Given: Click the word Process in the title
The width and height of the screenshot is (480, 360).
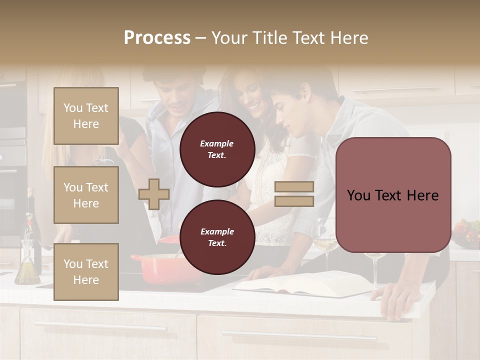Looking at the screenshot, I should pos(157,38).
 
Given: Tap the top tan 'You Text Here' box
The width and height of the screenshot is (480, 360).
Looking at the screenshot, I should pos(86,116).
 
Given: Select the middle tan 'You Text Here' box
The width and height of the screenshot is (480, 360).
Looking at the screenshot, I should pos(86,195).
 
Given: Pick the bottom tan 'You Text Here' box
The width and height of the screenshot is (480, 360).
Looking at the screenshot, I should pos(86,271).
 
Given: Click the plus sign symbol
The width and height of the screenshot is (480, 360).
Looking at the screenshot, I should pos(154,194).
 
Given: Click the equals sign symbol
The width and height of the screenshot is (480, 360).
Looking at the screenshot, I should pos(294,194).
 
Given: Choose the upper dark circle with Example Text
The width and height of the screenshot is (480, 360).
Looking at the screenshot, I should pos(217,149).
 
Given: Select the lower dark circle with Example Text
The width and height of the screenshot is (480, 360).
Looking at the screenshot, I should pos(217,237).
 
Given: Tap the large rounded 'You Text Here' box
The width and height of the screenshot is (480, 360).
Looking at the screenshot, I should pos(393,195).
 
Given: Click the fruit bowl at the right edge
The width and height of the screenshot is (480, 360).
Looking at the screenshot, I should pos(465,234).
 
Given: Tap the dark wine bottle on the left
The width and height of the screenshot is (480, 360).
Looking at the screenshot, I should pos(31,225).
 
